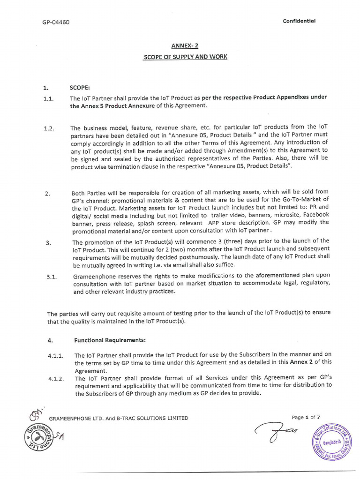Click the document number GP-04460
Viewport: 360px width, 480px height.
[56, 22]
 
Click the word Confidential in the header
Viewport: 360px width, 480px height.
[299, 21]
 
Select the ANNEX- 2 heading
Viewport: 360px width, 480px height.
[185, 46]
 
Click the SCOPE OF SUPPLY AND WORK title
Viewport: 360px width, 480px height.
[185, 57]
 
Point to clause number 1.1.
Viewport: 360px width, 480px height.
[49, 98]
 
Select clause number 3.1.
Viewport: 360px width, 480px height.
[52, 277]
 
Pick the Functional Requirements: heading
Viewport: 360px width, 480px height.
[110, 339]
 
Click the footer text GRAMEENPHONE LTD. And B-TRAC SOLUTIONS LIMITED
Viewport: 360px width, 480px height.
[119, 418]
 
